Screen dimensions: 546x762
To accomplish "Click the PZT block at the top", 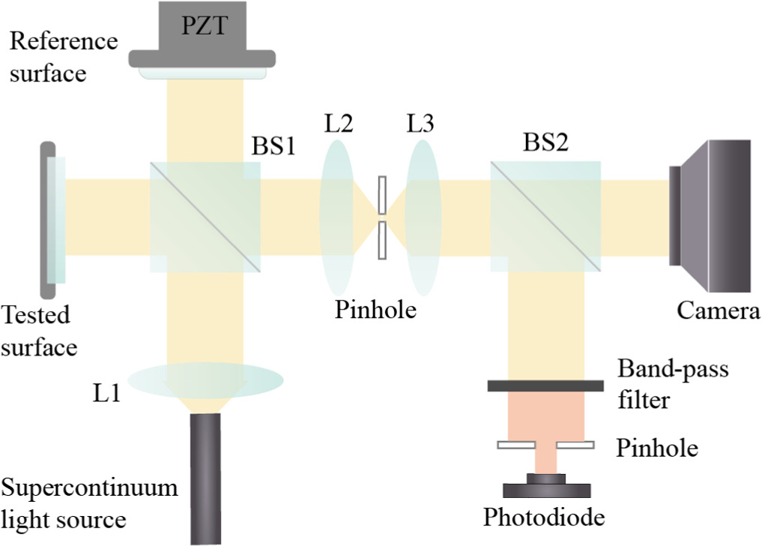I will pyautogui.click(x=202, y=30).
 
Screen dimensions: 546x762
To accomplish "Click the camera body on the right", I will pyautogui.click(x=716, y=215).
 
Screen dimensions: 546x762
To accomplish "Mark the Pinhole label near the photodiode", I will pyautogui.click(x=656, y=448).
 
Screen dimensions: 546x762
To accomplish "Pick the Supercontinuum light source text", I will pyautogui.click(x=90, y=503).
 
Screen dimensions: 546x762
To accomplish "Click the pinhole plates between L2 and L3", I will pyautogui.click(x=383, y=218).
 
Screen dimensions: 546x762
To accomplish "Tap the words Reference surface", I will pyautogui.click(x=63, y=56).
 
